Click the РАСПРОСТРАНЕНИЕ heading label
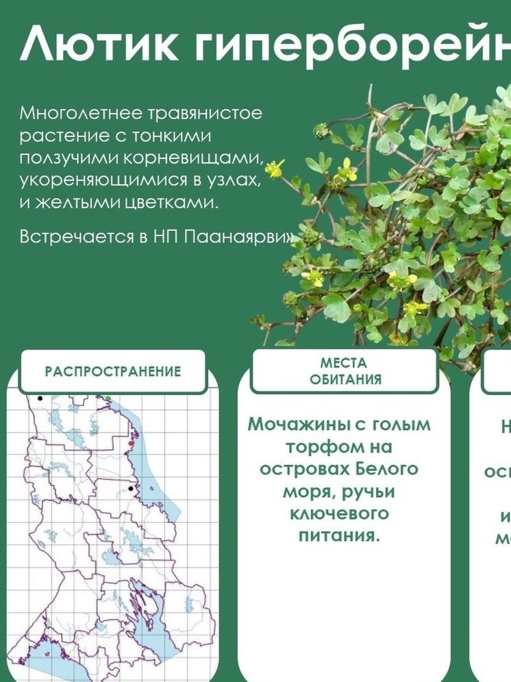pyautogui.click(x=113, y=372)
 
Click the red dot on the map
pyautogui.click(x=130, y=444)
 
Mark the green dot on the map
pyautogui.click(x=108, y=398)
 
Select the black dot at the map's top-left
pyautogui.click(x=40, y=398)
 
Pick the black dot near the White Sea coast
pyautogui.click(x=130, y=489)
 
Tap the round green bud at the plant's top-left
pyautogui.click(x=321, y=130)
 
